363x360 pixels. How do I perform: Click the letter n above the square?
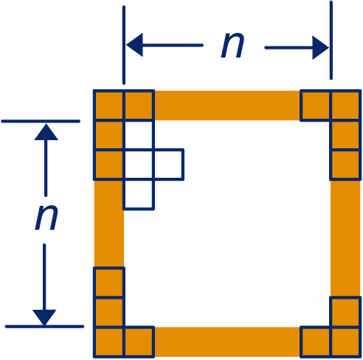tap(232, 46)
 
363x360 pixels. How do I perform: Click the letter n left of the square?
tap(46, 218)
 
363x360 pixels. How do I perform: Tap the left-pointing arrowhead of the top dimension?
tap(135, 45)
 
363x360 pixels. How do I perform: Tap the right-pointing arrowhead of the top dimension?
tap(320, 48)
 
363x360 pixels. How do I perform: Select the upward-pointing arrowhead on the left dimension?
tap(46, 132)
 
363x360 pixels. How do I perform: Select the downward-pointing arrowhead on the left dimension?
tap(44, 317)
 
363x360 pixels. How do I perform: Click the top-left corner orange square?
tap(108, 105)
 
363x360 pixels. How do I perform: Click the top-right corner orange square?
tap(345, 105)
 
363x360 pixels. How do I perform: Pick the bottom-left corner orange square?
tap(108, 342)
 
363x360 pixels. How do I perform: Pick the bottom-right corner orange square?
tap(345, 342)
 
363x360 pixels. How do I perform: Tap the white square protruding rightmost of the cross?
tap(169, 165)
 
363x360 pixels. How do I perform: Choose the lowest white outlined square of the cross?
tap(139, 195)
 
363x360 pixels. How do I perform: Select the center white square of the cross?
tap(139, 165)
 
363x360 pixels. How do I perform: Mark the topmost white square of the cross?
tap(139, 135)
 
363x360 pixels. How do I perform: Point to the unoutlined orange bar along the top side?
tap(227, 105)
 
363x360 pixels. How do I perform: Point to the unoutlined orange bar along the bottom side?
tap(227, 342)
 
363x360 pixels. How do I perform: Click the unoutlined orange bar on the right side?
tap(345, 238)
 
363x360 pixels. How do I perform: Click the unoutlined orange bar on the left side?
tap(109, 224)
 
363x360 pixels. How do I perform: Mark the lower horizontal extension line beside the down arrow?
tap(44, 327)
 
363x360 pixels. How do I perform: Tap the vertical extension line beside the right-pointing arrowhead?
tap(331, 41)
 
